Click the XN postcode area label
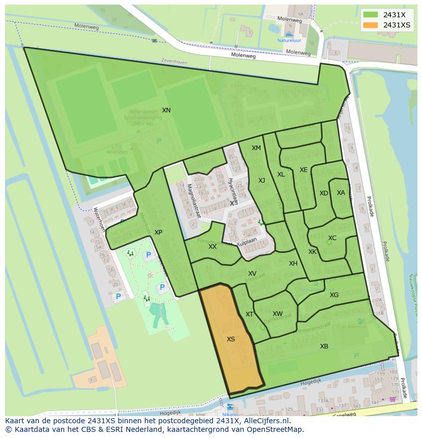click(x=166, y=110)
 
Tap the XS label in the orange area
click(x=231, y=339)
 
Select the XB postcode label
click(x=324, y=346)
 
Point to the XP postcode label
click(x=159, y=232)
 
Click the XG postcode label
click(x=334, y=295)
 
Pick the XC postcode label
click(x=332, y=238)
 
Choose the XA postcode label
click(x=341, y=193)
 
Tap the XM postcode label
click(x=256, y=148)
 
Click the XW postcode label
click(x=277, y=314)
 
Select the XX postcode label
click(x=213, y=247)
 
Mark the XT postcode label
click(x=250, y=314)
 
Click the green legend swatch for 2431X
click(x=371, y=15)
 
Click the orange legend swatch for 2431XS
click(x=371, y=25)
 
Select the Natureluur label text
click(x=289, y=40)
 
